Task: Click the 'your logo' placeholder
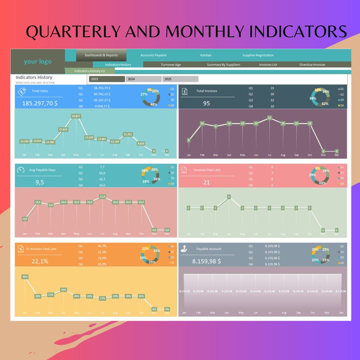click(38, 62)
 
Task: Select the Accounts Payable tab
click(153, 55)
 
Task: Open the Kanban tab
click(206, 55)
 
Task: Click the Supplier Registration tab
click(258, 55)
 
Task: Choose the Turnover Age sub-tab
click(170, 65)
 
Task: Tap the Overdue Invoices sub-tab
click(312, 65)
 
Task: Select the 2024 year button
click(143, 79)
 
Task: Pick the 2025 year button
click(180, 79)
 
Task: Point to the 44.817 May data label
click(76, 116)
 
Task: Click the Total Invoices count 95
click(206, 103)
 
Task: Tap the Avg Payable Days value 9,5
click(39, 182)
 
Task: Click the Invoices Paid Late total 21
click(206, 182)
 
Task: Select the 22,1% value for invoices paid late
click(40, 261)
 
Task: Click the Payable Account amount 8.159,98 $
click(206, 261)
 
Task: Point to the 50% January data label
click(24, 277)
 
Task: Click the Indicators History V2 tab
click(89, 71)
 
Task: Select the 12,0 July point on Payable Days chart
click(102, 196)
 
